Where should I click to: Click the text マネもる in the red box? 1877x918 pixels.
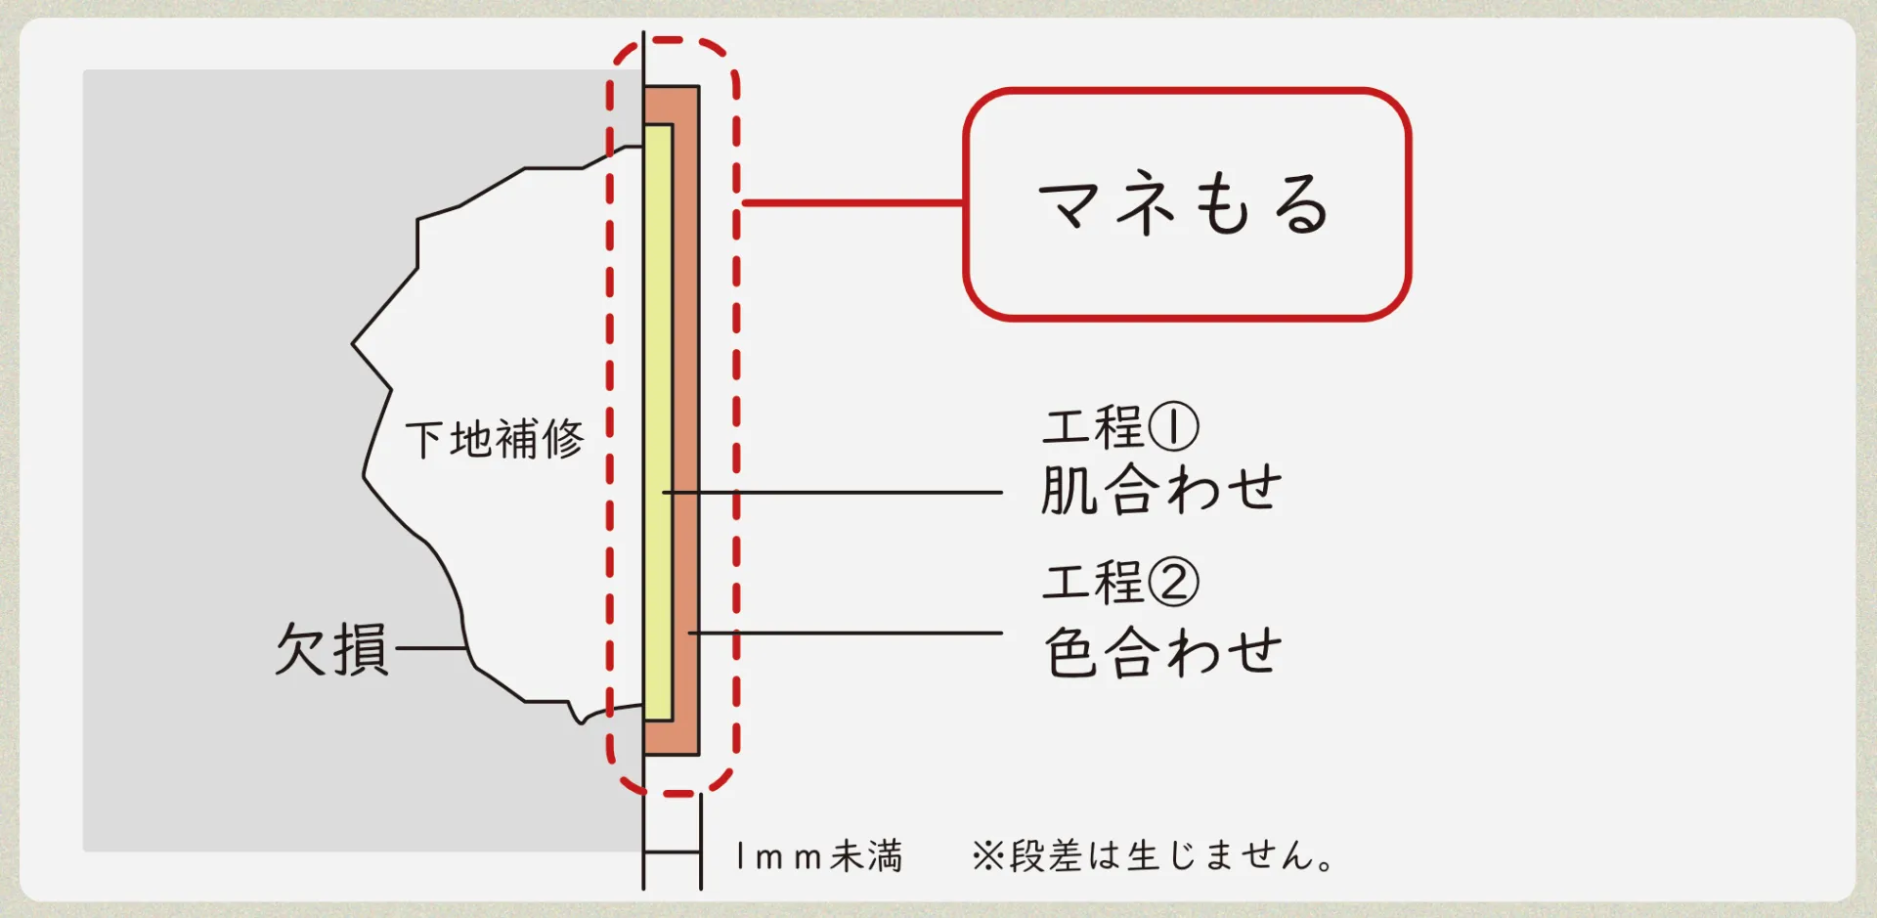pos(1184,204)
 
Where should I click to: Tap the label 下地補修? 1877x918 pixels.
pos(495,439)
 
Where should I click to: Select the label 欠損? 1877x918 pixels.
pos(331,649)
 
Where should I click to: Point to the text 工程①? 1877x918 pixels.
pos(1120,427)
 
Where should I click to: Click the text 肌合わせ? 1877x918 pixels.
pos(1160,489)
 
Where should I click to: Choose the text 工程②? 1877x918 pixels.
pos(1120,582)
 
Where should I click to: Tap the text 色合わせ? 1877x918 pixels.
pos(1162,652)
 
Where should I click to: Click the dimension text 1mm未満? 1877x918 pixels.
pos(819,856)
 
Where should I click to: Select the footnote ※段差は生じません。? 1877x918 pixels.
pos(1153,856)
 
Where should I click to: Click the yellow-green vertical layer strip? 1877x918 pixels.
pos(659,422)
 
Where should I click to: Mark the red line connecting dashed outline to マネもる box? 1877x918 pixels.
pos(853,203)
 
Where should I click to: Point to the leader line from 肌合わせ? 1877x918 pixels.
pos(833,492)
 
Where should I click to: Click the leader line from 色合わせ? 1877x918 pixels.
pos(846,633)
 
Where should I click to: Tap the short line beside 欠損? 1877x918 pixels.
pos(429,648)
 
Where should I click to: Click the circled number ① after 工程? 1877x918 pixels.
pos(1173,427)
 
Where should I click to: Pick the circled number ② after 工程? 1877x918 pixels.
pos(1173,582)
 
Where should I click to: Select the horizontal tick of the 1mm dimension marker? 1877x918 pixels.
pos(673,852)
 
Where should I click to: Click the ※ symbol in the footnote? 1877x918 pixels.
pos(988,856)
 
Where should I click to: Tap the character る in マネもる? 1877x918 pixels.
pos(1302,204)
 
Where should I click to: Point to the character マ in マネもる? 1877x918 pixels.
pos(1069,204)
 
